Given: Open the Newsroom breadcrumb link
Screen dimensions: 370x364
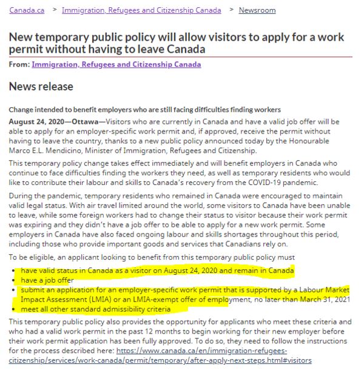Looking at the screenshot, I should point(257,10).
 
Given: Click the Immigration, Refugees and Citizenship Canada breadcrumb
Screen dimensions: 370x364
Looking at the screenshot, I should point(141,10).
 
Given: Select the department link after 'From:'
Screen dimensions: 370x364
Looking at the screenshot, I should point(116,64).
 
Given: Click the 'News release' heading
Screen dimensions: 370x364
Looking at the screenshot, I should point(41,87).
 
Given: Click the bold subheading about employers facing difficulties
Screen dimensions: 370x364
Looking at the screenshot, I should point(144,110).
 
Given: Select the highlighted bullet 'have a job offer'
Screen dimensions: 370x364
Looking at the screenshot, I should point(48,280).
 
